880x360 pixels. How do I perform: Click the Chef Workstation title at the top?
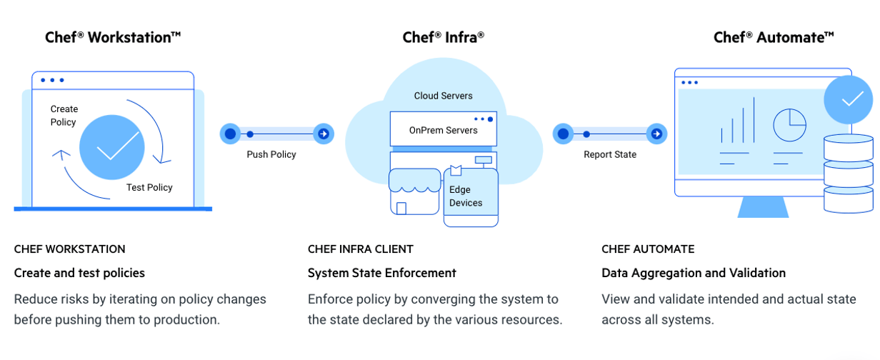click(x=113, y=37)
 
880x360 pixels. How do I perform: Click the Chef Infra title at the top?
click(x=443, y=37)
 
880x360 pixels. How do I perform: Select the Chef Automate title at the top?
click(x=774, y=37)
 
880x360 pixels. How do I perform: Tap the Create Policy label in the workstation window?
click(x=64, y=116)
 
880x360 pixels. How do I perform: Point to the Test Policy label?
click(x=149, y=187)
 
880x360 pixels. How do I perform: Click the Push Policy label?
click(x=271, y=154)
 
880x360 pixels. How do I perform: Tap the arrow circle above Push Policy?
click(x=324, y=134)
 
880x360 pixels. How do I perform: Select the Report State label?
click(x=610, y=154)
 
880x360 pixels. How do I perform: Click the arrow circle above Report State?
click(x=656, y=134)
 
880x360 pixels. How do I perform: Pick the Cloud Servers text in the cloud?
click(x=443, y=96)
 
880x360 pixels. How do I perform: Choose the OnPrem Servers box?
click(x=443, y=129)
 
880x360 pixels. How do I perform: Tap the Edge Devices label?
click(x=465, y=196)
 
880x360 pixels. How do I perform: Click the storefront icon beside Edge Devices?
click(x=414, y=191)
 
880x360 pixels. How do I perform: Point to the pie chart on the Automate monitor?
click(x=789, y=126)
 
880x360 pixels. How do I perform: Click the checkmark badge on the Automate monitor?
click(x=848, y=99)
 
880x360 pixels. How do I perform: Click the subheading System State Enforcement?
click(x=381, y=273)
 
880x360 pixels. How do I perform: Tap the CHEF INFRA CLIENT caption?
click(x=360, y=249)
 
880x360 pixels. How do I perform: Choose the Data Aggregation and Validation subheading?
click(x=694, y=273)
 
